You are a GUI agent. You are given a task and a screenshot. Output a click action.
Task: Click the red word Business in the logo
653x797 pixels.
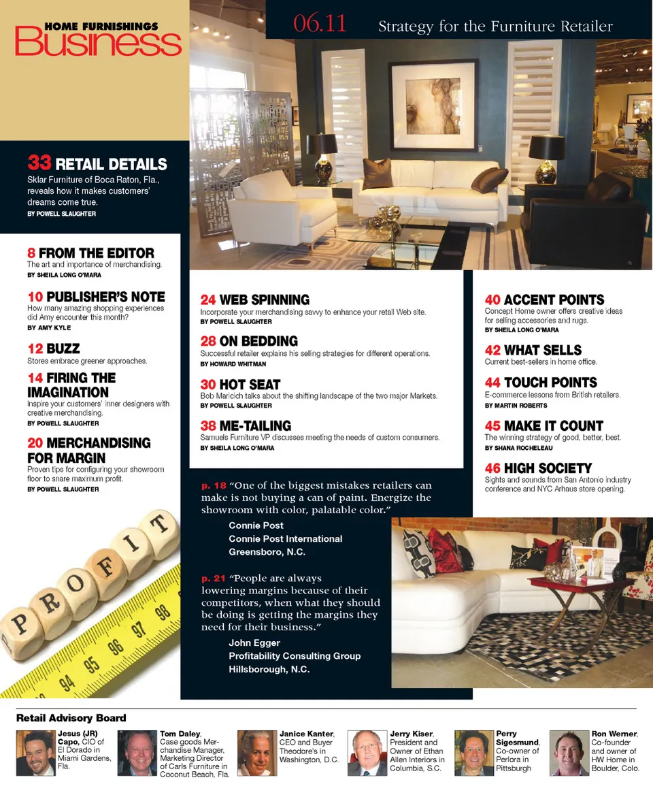pos(98,43)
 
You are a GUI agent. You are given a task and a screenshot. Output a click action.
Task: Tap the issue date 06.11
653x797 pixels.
pos(320,25)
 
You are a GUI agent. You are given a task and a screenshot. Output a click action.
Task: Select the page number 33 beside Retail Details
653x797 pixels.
pos(39,163)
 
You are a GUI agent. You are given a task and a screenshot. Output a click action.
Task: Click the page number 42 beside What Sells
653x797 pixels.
pos(492,351)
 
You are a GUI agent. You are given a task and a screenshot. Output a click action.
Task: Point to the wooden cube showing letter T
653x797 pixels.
pos(158,526)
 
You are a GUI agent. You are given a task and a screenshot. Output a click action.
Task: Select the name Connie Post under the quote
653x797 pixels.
pos(256,525)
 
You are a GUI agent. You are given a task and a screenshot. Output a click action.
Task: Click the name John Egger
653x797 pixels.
pos(254,643)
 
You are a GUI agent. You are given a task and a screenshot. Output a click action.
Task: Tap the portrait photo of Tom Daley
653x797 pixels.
pos(137,753)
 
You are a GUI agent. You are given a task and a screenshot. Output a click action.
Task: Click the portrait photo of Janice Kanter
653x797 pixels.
pos(256,753)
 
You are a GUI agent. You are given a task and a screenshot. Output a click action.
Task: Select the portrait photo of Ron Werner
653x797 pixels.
pos(569,753)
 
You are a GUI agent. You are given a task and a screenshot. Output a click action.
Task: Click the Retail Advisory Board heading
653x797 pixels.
pos(71,718)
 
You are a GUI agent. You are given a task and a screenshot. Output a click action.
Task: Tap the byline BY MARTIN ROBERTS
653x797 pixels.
pos(516,406)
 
